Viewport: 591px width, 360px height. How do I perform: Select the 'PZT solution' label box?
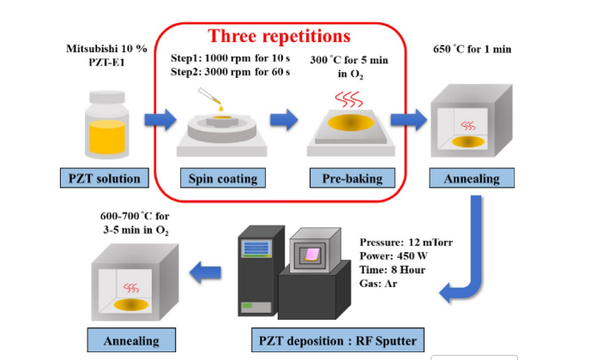[x=104, y=178]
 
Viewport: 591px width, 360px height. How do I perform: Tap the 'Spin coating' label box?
[x=222, y=178]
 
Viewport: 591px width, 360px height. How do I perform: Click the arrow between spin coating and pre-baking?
[x=282, y=121]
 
